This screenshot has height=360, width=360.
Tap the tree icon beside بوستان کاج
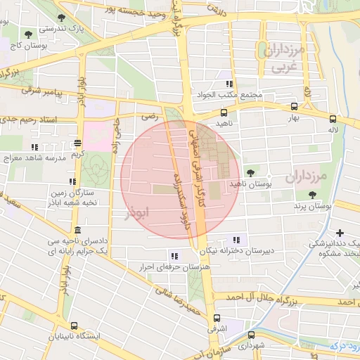pyautogui.click(x=28, y=34)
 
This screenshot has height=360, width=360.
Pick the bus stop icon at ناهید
pyautogui.click(x=224, y=112)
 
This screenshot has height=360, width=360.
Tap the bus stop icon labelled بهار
pyautogui.click(x=294, y=107)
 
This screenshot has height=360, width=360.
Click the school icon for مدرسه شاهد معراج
pyautogui.click(x=73, y=162)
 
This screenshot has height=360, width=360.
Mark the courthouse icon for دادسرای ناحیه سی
pyautogui.click(x=77, y=231)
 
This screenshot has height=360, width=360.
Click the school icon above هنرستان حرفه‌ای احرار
pyautogui.click(x=173, y=255)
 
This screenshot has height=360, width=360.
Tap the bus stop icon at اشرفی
pyautogui.click(x=217, y=317)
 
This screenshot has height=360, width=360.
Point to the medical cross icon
pyautogui.click(x=340, y=233)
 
